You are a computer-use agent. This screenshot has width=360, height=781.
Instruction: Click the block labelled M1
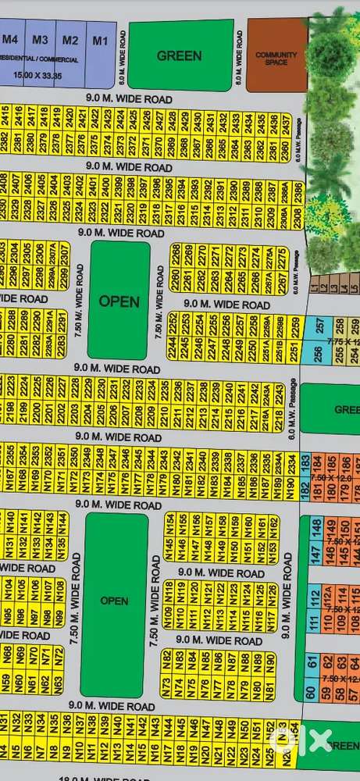(x=98, y=41)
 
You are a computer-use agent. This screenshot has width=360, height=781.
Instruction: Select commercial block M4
(x=11, y=41)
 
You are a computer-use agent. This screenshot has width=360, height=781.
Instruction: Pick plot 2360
(x=286, y=148)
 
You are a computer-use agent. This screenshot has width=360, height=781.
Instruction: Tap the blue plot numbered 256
(x=318, y=353)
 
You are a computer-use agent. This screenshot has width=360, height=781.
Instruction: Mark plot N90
(x=270, y=662)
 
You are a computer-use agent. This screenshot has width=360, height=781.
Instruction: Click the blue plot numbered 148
(x=316, y=529)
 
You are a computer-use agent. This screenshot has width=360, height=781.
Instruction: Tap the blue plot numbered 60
(x=311, y=692)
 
